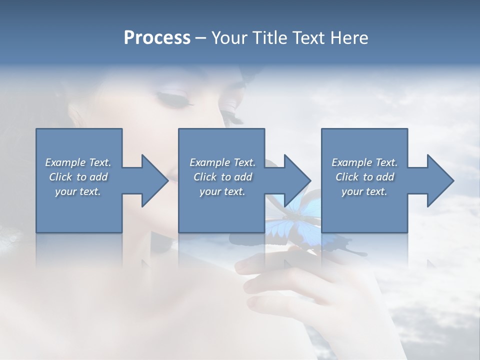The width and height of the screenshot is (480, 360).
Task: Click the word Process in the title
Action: tap(157, 37)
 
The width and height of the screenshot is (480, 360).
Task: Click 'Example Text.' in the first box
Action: tap(78, 162)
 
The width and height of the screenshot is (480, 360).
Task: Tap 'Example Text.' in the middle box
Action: tap(222, 162)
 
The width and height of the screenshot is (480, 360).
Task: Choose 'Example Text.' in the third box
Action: tap(364, 162)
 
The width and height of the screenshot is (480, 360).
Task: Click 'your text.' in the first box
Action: tap(78, 191)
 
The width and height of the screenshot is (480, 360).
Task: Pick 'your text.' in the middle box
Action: tap(222, 191)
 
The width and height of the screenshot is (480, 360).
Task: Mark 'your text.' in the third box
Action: tap(364, 191)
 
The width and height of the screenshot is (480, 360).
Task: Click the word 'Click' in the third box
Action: tap(347, 177)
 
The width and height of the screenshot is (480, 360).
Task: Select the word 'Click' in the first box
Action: tap(60, 177)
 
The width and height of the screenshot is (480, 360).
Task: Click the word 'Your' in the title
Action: tap(228, 37)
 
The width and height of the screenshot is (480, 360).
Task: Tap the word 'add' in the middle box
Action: tap(242, 177)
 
